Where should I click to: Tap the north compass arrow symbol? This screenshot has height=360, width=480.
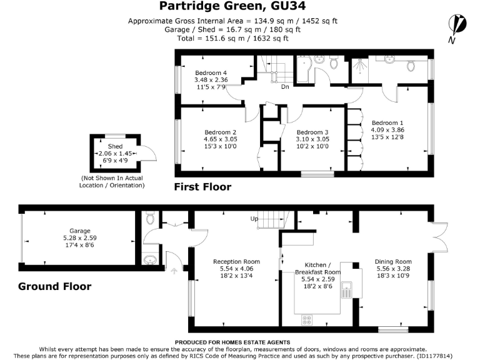click(459, 26)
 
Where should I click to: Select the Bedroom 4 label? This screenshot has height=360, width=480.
click(211, 72)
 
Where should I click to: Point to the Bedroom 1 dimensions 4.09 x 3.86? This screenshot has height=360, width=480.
click(387, 130)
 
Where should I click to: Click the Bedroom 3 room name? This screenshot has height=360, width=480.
click(312, 132)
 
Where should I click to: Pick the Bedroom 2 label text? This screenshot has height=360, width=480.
click(221, 132)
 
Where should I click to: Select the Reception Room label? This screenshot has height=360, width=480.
click(236, 262)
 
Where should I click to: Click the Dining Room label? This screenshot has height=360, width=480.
click(393, 262)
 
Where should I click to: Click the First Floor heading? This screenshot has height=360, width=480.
click(202, 187)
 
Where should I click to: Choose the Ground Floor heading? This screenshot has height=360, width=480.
click(55, 287)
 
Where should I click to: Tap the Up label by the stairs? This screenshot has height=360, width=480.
click(254, 219)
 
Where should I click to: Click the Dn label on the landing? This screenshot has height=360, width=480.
click(284, 87)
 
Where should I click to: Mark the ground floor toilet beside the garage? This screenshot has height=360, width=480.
click(150, 219)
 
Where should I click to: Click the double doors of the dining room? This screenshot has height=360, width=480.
click(439, 237)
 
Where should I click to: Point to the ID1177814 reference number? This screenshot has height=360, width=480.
click(452, 356)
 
